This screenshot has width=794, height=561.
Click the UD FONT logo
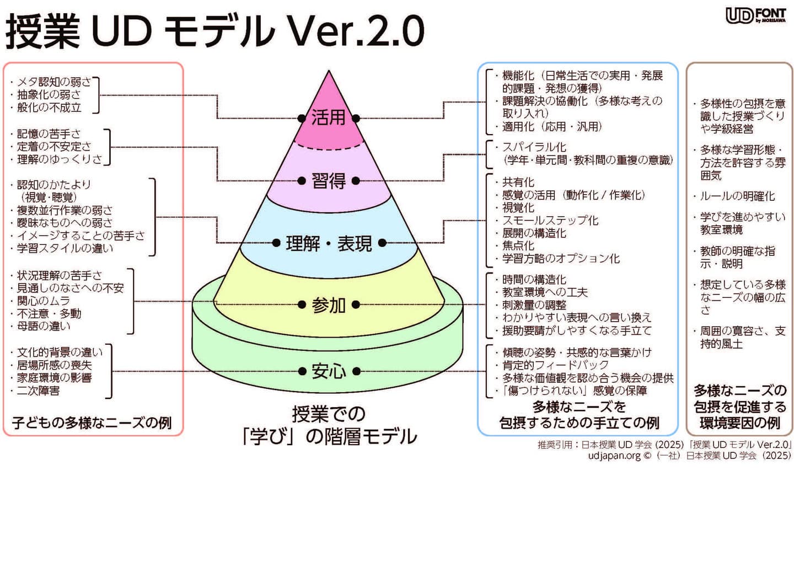tap(755, 15)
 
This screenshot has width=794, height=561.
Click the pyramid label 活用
tap(328, 117)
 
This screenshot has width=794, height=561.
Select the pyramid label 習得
tap(328, 180)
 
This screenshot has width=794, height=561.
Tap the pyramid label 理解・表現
tap(329, 243)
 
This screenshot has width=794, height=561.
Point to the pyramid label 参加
tap(328, 304)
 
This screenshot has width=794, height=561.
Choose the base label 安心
tap(329, 371)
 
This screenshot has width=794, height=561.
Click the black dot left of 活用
tap(301, 118)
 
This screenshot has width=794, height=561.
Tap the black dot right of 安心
tap(356, 371)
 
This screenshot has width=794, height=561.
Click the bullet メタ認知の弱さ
tap(53, 82)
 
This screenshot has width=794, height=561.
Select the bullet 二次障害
tap(38, 391)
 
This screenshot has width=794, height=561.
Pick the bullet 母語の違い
tap(44, 326)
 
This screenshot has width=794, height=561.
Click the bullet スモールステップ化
tap(550, 220)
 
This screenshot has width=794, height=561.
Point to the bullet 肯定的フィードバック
tap(555, 365)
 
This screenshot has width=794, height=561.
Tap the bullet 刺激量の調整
tap(534, 304)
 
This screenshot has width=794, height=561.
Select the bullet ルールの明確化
tap(737, 196)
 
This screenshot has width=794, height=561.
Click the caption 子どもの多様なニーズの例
tap(92, 423)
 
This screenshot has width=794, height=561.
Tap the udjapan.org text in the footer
tap(614, 456)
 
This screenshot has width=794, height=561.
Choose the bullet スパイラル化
tap(534, 147)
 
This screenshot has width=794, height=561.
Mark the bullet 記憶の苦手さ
tap(49, 133)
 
